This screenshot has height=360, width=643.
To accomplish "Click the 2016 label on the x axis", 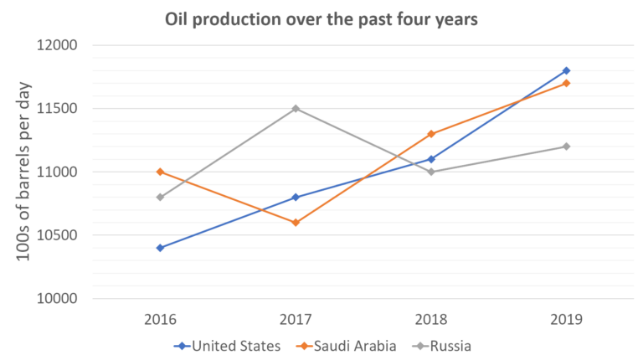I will pyautogui.click(x=160, y=319).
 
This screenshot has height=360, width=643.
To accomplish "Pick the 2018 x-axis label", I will pyautogui.click(x=431, y=319).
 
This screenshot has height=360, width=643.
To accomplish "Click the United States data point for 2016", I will pyautogui.click(x=160, y=248).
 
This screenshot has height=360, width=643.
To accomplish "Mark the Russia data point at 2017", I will pyautogui.click(x=296, y=109).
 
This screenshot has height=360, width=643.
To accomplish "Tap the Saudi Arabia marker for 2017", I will pyautogui.click(x=296, y=223).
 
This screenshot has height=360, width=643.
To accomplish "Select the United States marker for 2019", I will pyautogui.click(x=567, y=70).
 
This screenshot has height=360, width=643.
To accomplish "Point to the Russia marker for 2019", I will pyautogui.click(x=567, y=147).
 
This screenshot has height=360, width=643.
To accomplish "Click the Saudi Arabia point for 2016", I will pyautogui.click(x=160, y=172).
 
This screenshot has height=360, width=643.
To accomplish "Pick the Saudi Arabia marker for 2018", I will pyautogui.click(x=431, y=134).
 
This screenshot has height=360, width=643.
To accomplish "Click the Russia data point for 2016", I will pyautogui.click(x=160, y=198).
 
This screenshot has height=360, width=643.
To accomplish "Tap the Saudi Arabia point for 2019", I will pyautogui.click(x=567, y=83).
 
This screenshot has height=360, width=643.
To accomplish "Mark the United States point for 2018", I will pyautogui.click(x=431, y=159).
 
